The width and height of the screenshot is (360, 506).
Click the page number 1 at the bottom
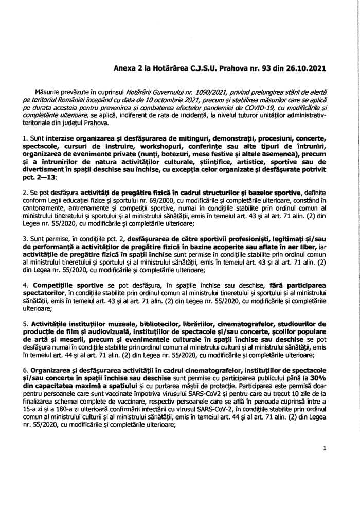click(325, 449)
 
